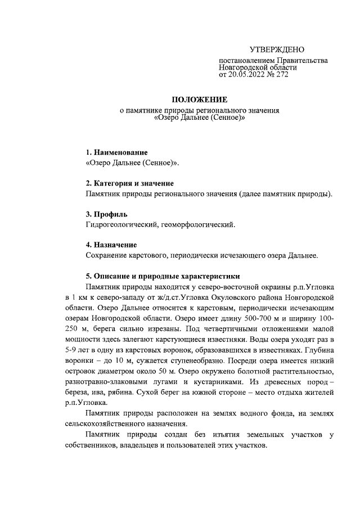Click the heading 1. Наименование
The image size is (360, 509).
click(x=116, y=152)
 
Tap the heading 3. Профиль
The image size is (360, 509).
click(x=106, y=214)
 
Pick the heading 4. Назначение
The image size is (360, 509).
click(x=111, y=245)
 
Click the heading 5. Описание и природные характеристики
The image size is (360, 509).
click(x=163, y=276)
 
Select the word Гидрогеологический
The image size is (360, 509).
click(x=120, y=225)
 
